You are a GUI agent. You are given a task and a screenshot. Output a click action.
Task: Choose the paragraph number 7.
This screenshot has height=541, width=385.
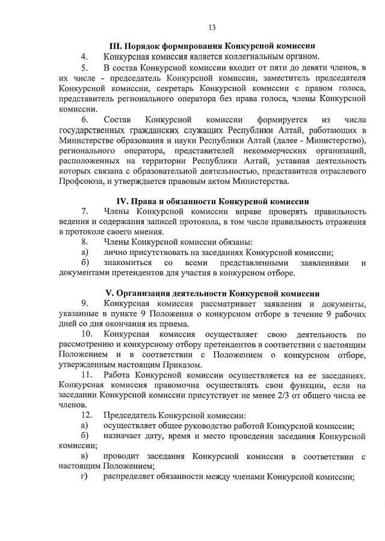coord(84,211)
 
